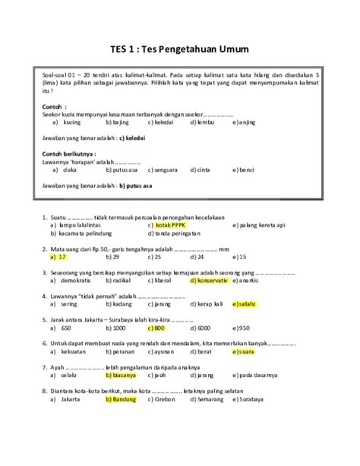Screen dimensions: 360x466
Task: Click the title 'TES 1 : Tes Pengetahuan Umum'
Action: click(x=180, y=49)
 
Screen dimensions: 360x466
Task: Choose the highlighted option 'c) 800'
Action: click(x=156, y=328)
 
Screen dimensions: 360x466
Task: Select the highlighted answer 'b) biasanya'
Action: click(x=121, y=375)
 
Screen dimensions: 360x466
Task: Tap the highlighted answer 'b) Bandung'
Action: click(x=120, y=398)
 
